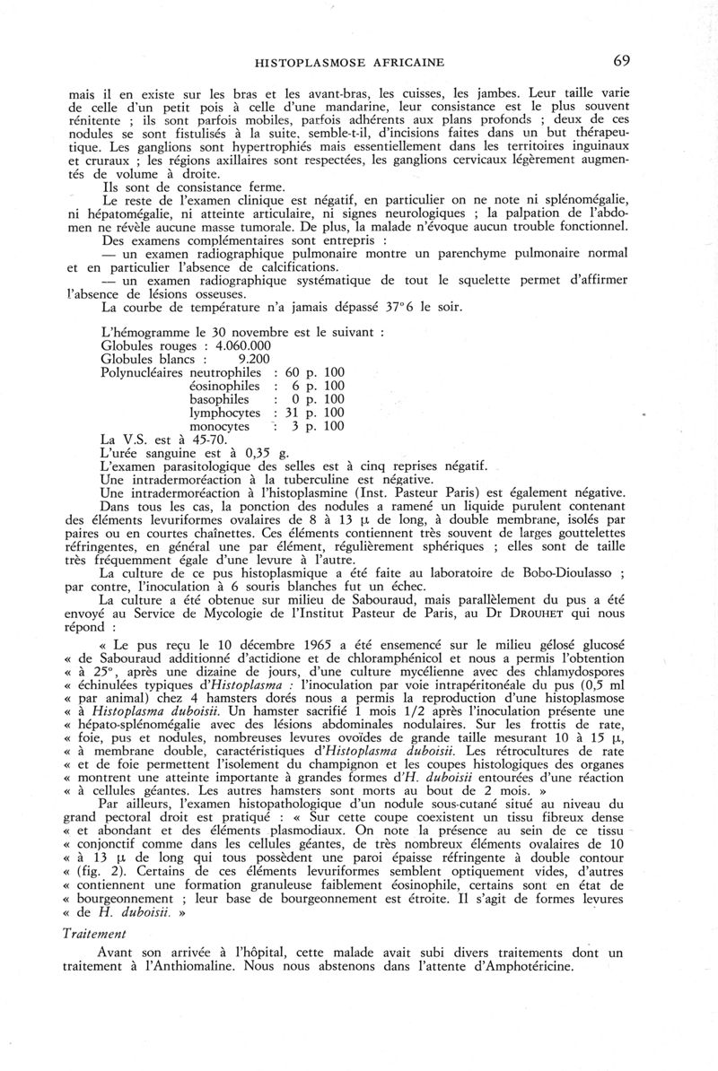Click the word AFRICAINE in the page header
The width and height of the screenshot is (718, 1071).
pos(412,63)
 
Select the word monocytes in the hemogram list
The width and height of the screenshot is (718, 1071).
pos(220,426)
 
